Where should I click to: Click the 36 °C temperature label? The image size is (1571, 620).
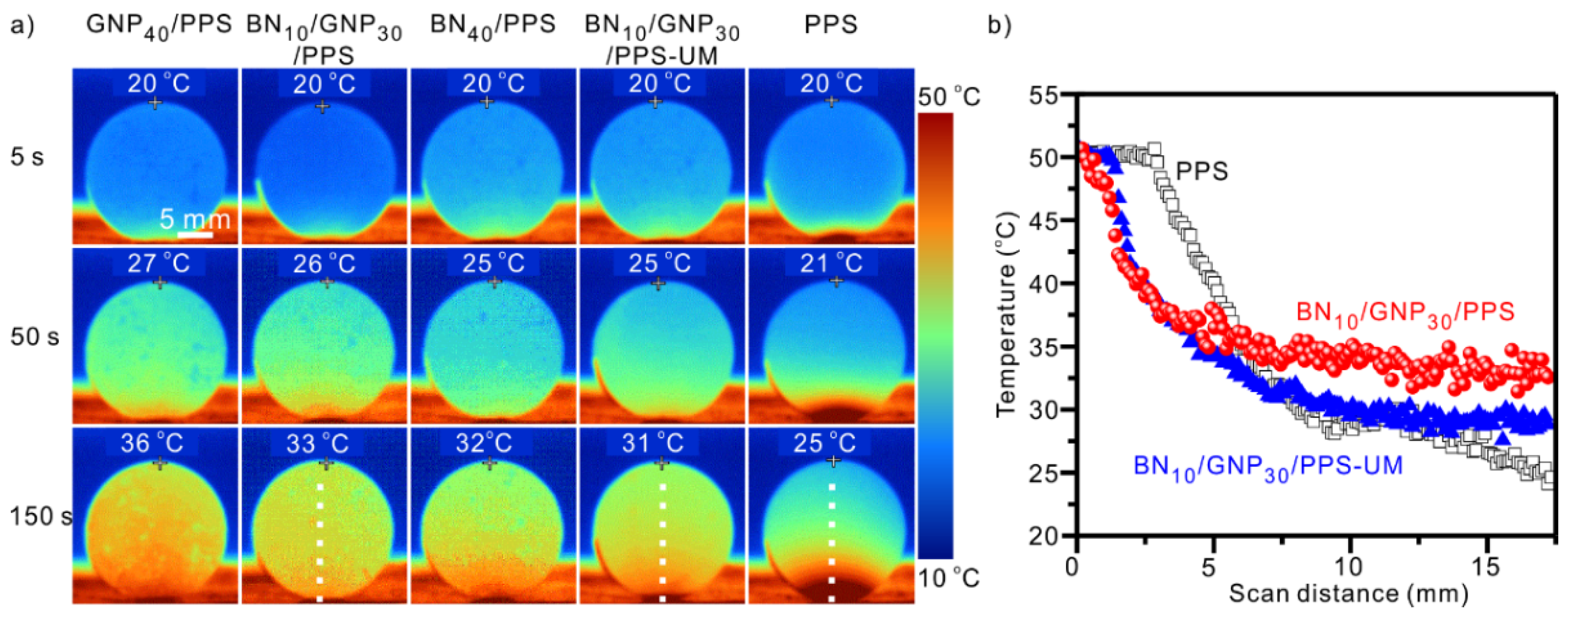151,444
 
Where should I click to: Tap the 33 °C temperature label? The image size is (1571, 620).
317,444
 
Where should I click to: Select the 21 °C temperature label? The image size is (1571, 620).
831,263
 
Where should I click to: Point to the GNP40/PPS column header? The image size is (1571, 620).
159,25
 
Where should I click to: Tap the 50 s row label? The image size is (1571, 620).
35,336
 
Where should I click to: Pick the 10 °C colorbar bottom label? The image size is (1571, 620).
949,578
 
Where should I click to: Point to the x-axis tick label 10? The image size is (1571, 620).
1349,567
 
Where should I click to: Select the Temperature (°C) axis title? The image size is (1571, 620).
1007,315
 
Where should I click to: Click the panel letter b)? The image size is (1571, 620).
999,25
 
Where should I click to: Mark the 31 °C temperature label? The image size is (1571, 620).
653,444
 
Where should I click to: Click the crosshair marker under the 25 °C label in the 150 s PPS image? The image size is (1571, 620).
833,461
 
